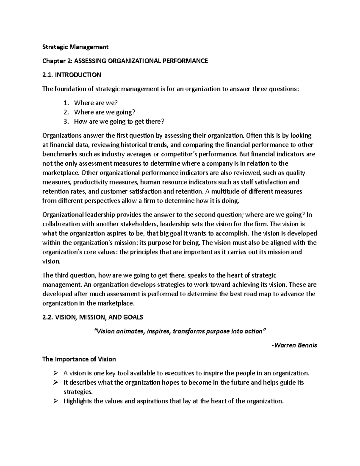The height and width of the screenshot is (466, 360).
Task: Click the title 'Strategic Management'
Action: [x=75, y=47]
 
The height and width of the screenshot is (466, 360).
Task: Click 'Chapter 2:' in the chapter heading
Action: [x=57, y=61]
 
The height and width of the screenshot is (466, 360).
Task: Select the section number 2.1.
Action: [x=47, y=75]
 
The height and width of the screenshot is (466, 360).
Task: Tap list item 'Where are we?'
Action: [x=96, y=103]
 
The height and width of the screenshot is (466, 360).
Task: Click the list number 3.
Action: [x=66, y=122]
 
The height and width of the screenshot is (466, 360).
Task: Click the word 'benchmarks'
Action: [x=58, y=154]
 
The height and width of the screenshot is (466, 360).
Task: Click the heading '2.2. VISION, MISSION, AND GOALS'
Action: [x=93, y=317]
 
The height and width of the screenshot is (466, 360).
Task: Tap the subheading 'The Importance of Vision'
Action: [x=79, y=359]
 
